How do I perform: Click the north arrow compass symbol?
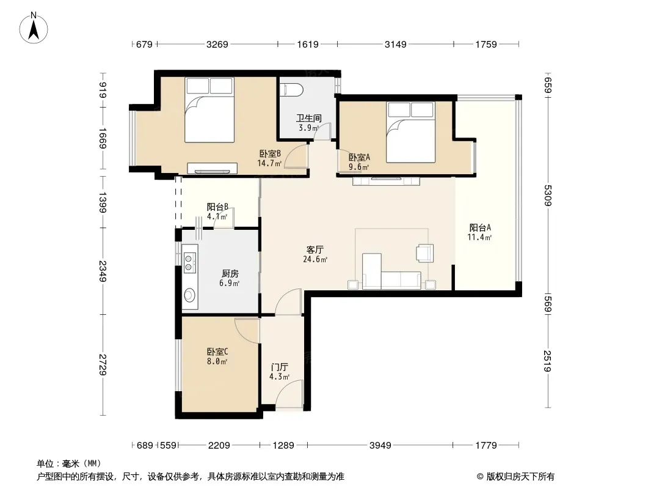pos(34,28)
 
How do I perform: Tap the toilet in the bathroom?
pos(291,89)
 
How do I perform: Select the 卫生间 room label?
pos(308,119)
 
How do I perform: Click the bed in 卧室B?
pos(209,109)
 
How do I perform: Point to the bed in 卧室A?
pos(410,131)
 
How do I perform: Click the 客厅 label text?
pos(315,249)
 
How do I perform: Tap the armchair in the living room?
pos(424,253)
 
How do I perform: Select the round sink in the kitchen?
pos(189,295)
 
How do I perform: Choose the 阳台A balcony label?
pos(480,227)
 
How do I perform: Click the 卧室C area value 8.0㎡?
pos(217,361)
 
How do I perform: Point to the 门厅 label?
pos(280,367)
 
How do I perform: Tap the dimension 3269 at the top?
pos(217,44)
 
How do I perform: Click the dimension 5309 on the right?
pos(548,195)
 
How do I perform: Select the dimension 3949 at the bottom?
pos(380,446)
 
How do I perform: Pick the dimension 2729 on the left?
pos(103,365)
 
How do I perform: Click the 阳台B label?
pos(217,207)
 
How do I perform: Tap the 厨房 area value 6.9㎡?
pos(230,284)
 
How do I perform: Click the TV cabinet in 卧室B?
pos(212,168)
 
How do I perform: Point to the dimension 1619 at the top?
pos(308,44)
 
